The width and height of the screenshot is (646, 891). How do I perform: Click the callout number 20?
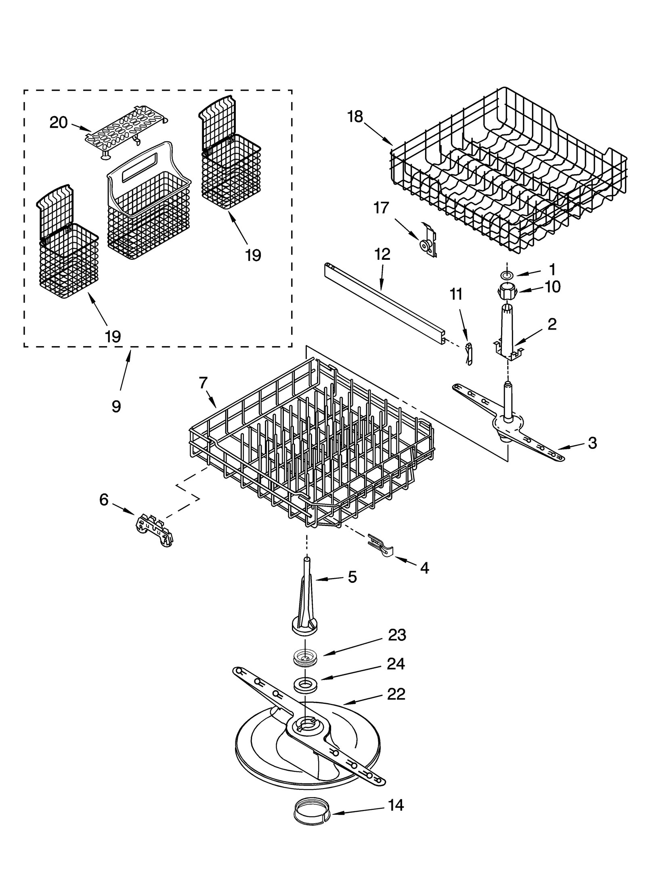click(x=58, y=122)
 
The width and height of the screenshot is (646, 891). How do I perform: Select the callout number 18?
click(x=355, y=117)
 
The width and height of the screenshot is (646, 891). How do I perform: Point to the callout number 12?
click(x=382, y=254)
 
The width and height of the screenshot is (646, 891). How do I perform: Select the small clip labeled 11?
click(x=468, y=354)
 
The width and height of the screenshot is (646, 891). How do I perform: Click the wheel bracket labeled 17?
click(x=428, y=242)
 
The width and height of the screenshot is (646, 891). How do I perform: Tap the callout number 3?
click(x=592, y=443)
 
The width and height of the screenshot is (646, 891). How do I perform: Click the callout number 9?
click(x=116, y=406)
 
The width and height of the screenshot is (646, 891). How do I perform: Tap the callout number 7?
click(x=203, y=382)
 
